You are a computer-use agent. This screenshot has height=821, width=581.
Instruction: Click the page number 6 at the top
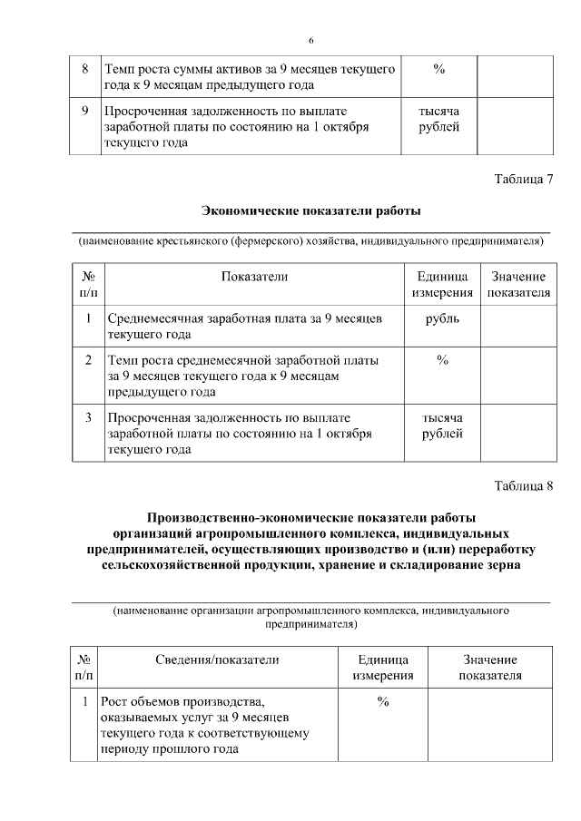click(x=310, y=41)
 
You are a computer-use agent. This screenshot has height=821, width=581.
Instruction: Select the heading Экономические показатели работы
click(x=310, y=211)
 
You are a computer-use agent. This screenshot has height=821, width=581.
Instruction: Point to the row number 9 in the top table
click(x=84, y=112)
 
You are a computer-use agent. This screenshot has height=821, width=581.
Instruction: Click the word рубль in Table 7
click(x=442, y=318)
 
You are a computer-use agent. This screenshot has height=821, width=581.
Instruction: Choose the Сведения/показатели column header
click(x=216, y=660)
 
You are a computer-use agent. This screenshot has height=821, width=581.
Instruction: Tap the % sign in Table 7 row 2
click(x=442, y=360)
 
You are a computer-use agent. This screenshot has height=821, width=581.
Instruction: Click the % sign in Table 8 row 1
click(x=383, y=702)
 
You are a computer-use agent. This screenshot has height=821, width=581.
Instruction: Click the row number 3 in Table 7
click(x=88, y=418)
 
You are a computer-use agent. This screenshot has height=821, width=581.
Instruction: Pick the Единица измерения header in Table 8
click(x=383, y=668)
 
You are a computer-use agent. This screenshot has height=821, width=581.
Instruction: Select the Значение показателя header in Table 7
click(x=518, y=284)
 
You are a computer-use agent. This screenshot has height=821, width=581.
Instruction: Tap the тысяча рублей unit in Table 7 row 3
click(x=442, y=425)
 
